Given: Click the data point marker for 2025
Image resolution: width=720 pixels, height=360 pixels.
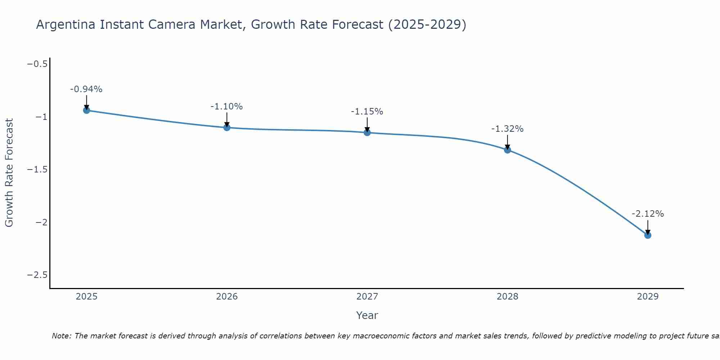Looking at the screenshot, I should tap(86, 110).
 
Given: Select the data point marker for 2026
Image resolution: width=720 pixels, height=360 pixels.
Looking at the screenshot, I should tap(227, 127).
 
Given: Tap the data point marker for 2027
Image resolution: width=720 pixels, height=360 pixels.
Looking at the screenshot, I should tap(367, 132).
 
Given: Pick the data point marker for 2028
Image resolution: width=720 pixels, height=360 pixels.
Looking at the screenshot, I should tap(508, 150).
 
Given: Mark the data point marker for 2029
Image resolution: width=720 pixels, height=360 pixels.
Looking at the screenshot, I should tap(648, 235).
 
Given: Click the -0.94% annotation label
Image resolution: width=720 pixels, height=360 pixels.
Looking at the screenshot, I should tap(86, 89).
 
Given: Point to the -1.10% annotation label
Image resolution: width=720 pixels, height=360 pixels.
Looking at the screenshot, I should tap(227, 107).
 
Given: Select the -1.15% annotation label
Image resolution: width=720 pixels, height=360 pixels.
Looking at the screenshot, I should tap(367, 112).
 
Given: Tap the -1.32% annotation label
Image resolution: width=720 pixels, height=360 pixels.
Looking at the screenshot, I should tap(508, 129).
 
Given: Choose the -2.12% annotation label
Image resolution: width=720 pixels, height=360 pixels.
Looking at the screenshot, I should tap(648, 214).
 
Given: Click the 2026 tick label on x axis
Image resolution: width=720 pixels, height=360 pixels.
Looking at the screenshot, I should tap(227, 297).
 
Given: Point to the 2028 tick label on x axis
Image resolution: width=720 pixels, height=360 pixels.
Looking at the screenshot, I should tap(508, 297).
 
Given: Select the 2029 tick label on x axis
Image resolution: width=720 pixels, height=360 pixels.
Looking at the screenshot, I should tap(648, 297).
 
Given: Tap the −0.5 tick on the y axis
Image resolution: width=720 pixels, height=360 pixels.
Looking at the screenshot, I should tap(37, 64).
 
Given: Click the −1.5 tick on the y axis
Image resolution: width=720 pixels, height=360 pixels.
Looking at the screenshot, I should tap(37, 170).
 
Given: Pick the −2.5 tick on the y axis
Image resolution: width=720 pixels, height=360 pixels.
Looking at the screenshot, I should tap(37, 275).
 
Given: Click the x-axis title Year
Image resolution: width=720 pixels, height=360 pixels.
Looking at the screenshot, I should tap(367, 315).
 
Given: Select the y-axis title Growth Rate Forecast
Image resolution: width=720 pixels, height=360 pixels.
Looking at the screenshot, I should tap(9, 172).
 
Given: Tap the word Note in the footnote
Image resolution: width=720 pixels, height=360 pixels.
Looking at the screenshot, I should tap(62, 336).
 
